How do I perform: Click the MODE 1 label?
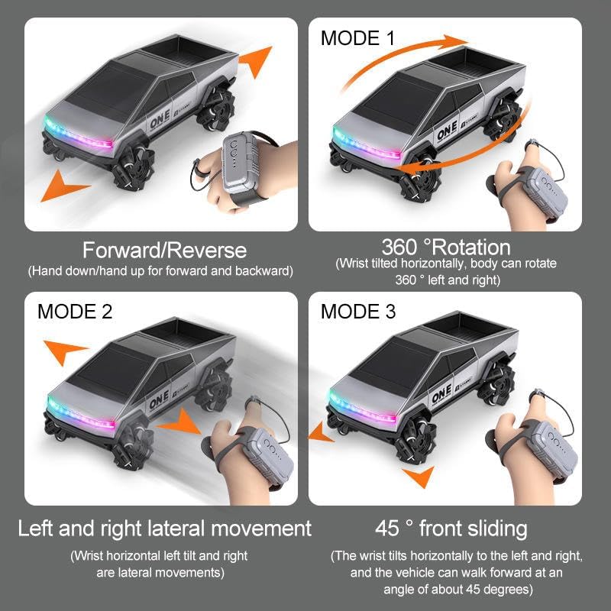pyautogui.click(x=357, y=38)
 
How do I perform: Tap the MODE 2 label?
pyautogui.click(x=75, y=312)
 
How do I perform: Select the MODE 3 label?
pyautogui.click(x=358, y=312)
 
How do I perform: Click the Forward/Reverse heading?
pyautogui.click(x=164, y=251)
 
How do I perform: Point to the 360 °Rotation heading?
pyautogui.click(x=446, y=247)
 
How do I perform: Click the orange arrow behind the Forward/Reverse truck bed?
pyautogui.click(x=256, y=60)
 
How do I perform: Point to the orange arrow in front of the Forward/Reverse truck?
pyautogui.click(x=63, y=187)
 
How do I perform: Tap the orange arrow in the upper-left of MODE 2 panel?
pyautogui.click(x=63, y=350)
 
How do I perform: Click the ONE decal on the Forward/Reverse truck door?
pyautogui.click(x=160, y=119)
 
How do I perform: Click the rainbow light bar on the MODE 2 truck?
pyautogui.click(x=81, y=414)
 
